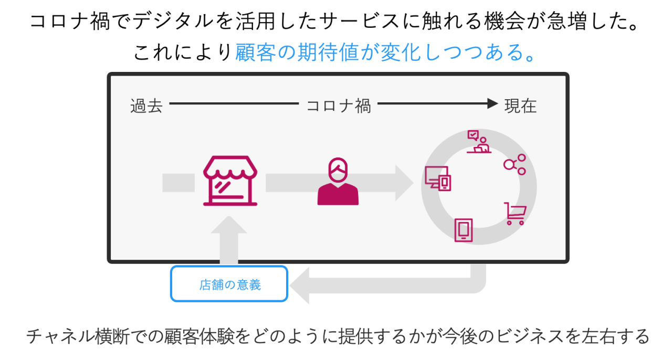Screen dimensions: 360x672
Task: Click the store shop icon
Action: [x=230, y=181]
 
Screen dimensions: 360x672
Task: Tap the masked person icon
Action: [x=338, y=182]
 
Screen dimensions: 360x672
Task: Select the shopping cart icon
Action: [x=516, y=214]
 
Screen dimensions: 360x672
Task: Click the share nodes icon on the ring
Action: [x=514, y=164]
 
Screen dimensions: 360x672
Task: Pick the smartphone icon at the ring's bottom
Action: [x=464, y=229]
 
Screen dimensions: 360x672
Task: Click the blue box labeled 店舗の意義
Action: [x=229, y=284]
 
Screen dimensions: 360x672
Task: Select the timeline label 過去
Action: [x=146, y=105]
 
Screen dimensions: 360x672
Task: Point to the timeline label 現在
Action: [x=520, y=105]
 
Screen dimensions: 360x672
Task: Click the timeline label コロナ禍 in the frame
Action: [x=339, y=105]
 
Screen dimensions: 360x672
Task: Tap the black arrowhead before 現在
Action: [x=492, y=103]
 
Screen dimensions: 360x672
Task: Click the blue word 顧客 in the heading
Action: [x=255, y=52]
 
